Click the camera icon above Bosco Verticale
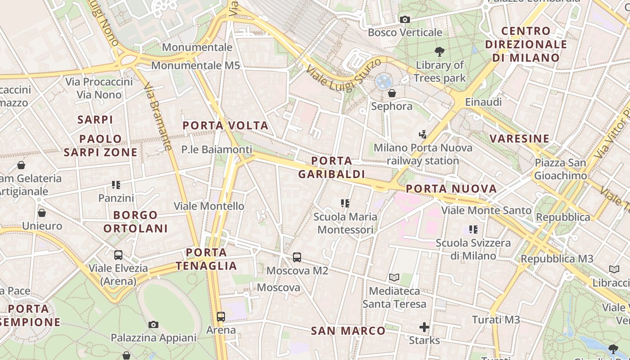[x=405, y=19]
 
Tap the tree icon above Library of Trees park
[x=440, y=52]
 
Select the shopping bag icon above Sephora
[x=392, y=93]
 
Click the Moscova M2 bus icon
[x=297, y=257]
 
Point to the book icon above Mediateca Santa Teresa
[x=394, y=278]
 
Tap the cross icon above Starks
[x=424, y=327]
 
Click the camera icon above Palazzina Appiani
[x=153, y=324]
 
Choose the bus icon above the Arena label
[x=220, y=316]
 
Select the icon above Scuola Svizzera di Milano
[x=473, y=229]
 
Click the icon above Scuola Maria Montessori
[x=345, y=203]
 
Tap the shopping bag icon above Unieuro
[x=42, y=212]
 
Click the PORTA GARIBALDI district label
[x=332, y=167]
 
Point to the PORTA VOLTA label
[x=225, y=126]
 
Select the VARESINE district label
[x=520, y=138]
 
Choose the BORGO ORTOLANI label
[x=135, y=221]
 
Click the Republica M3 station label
[x=557, y=259]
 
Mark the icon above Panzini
[x=116, y=184]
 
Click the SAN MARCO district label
[x=348, y=331]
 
